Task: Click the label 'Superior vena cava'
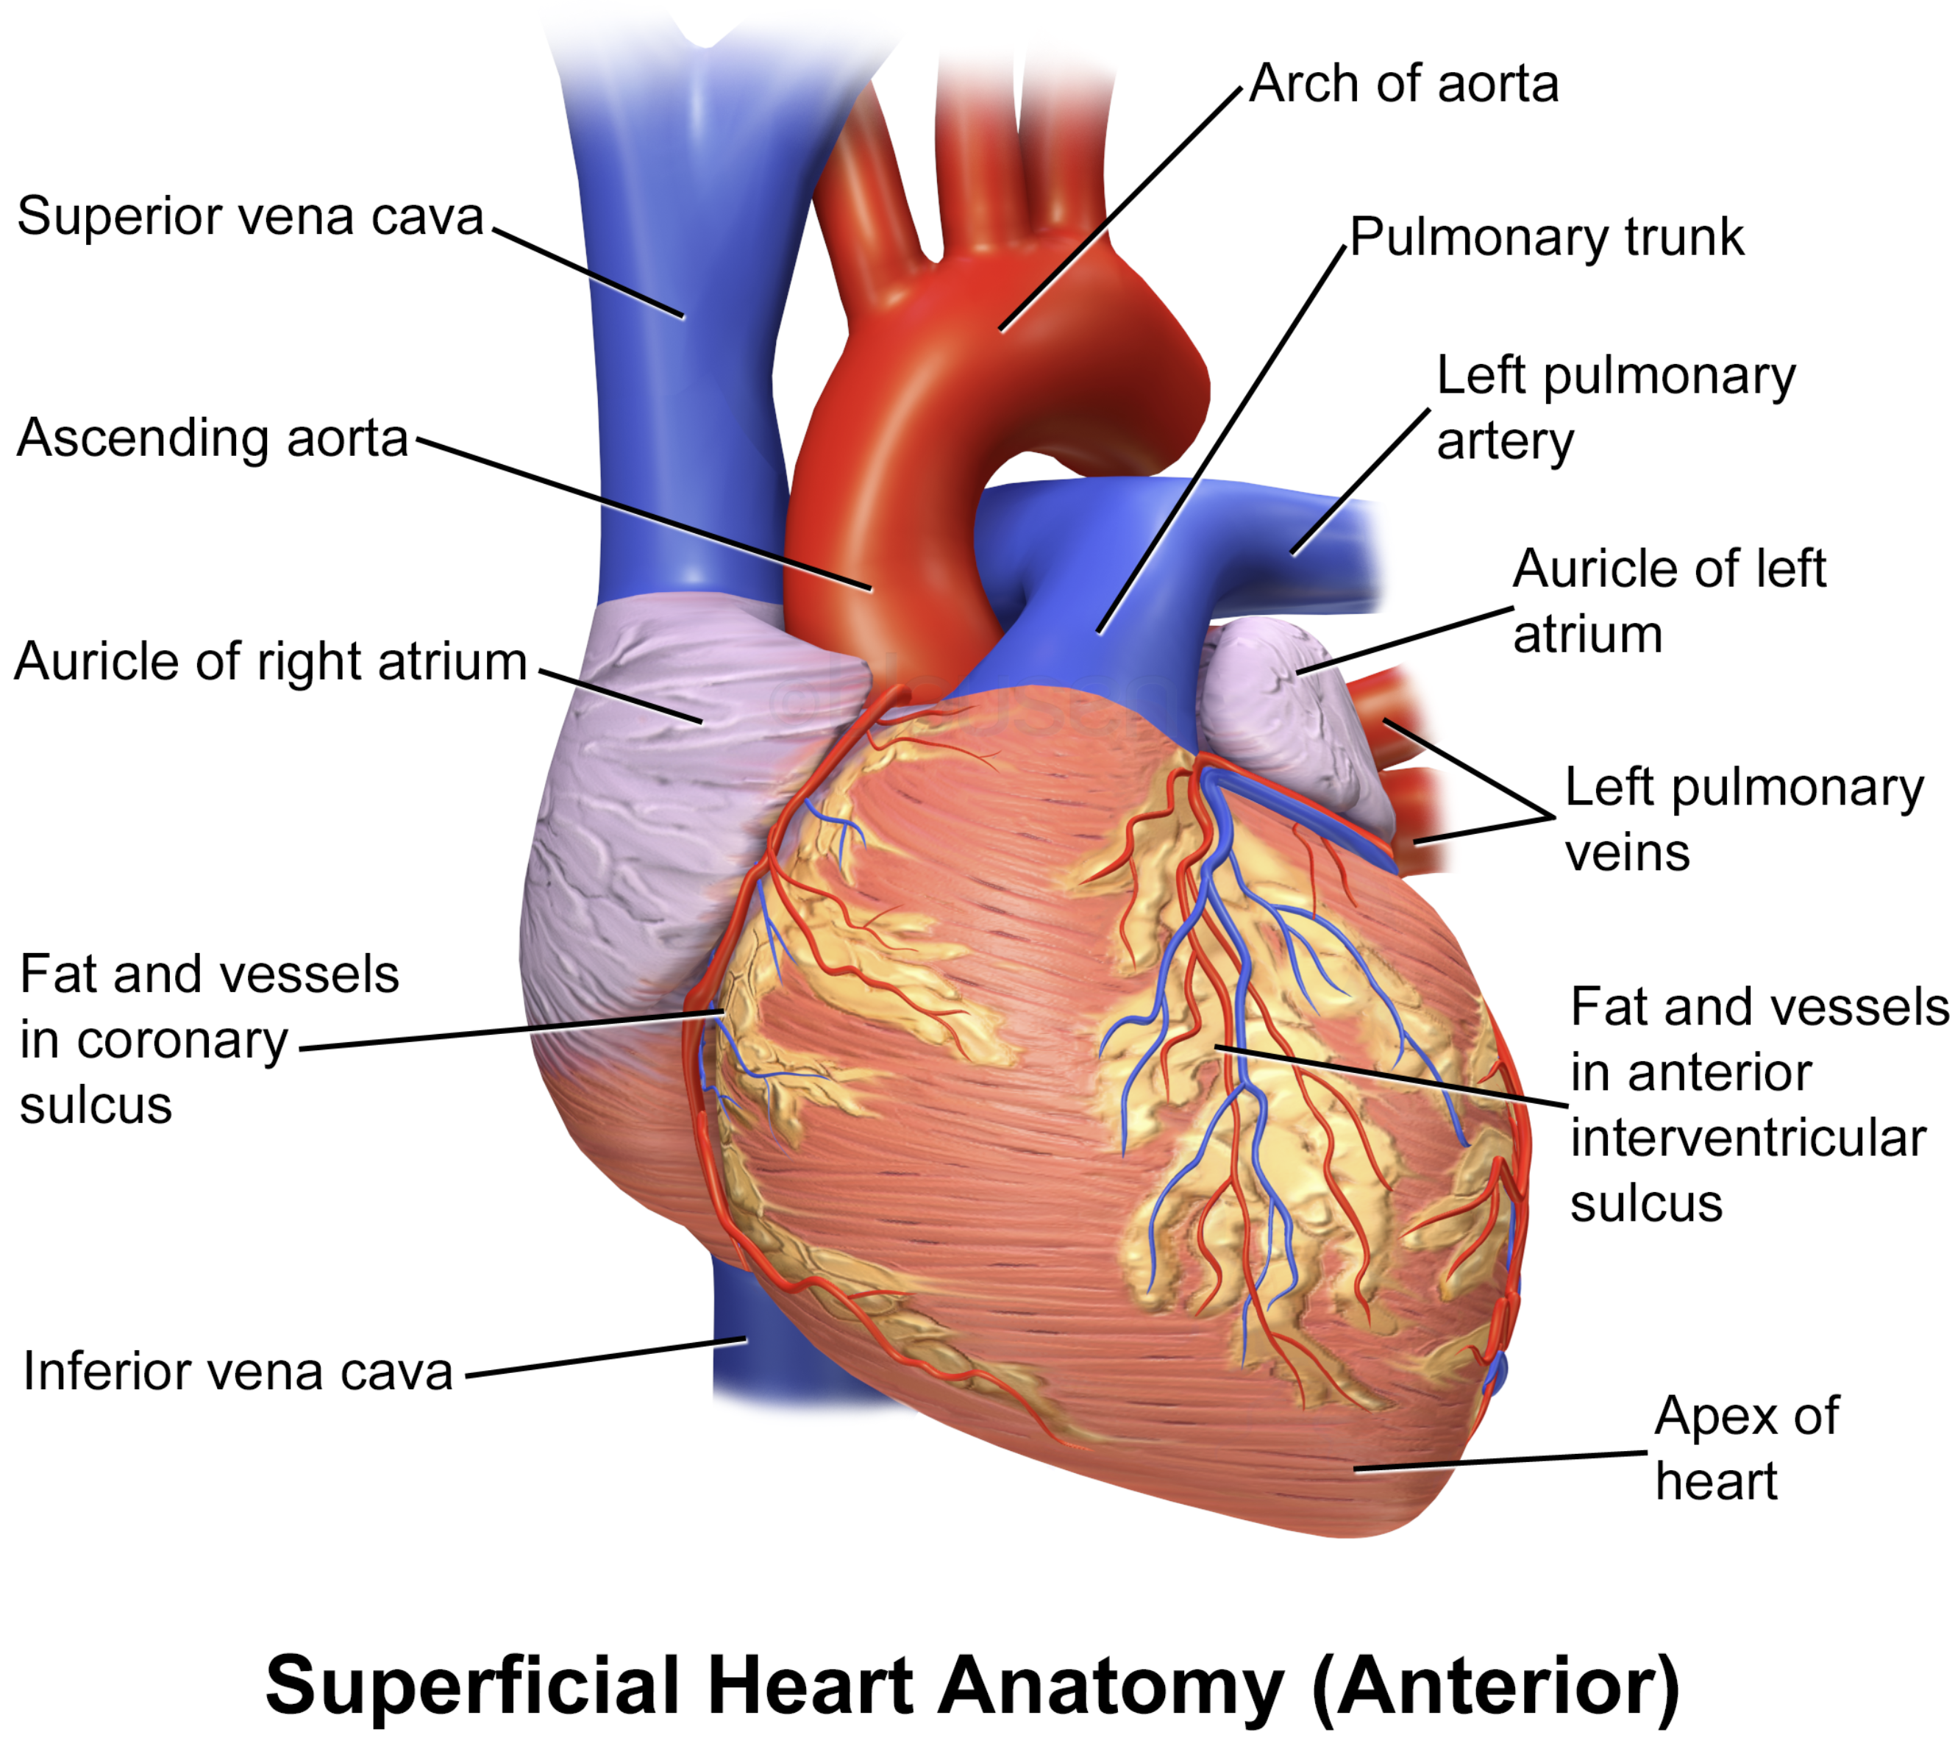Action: pyautogui.click(x=251, y=216)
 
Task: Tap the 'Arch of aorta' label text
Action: pyautogui.click(x=1404, y=83)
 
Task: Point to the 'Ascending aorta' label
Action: pyautogui.click(x=213, y=439)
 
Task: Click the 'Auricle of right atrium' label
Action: pyautogui.click(x=271, y=661)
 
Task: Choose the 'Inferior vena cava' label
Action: pyautogui.click(x=237, y=1371)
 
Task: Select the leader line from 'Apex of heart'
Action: pyautogui.click(x=1500, y=1461)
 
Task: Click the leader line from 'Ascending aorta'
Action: pyautogui.click(x=644, y=513)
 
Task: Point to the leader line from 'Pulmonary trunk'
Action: pyautogui.click(x=1222, y=440)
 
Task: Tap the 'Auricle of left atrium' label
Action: pyautogui.click(x=1669, y=602)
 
